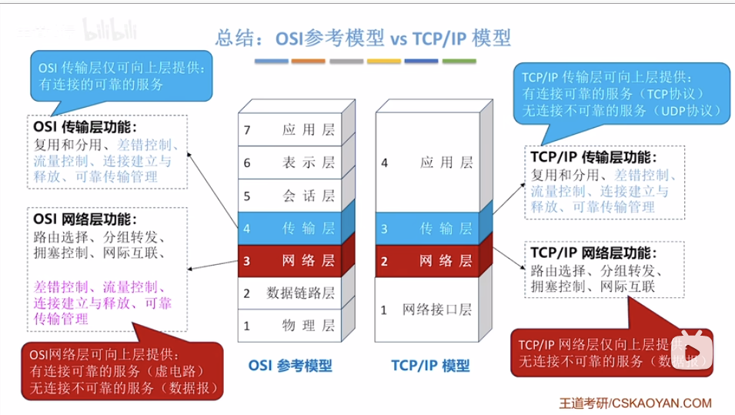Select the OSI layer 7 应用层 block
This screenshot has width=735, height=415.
pos(289,130)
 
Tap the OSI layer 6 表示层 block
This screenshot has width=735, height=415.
pos(289,163)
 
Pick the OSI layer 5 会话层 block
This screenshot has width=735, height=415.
pos(289,196)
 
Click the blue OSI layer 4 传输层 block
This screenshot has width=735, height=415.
pos(289,229)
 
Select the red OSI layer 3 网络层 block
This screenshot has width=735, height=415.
pos(289,261)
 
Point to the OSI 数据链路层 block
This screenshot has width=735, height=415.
pos(289,293)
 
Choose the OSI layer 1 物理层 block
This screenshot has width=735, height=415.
pos(289,326)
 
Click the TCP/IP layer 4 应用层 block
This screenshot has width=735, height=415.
pos(426,163)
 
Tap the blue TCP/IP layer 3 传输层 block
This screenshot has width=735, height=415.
pos(426,229)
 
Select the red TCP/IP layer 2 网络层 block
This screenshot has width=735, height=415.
pos(426,261)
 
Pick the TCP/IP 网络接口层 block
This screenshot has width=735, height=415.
pos(426,310)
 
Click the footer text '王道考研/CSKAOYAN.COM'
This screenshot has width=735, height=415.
pos(635,403)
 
